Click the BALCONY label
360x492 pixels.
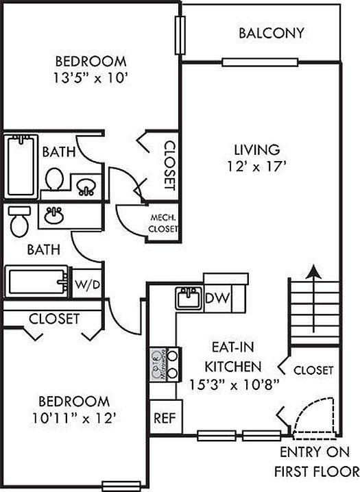(x=272, y=33)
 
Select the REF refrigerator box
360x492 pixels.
(x=166, y=417)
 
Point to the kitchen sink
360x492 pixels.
(x=189, y=298)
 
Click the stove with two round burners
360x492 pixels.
(x=165, y=365)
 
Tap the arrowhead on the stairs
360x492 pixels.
(x=313, y=272)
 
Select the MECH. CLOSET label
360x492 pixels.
(x=163, y=223)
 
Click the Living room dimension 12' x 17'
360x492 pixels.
(x=257, y=167)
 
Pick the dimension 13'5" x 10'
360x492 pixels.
(x=91, y=78)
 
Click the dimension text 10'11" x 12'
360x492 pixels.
(x=75, y=418)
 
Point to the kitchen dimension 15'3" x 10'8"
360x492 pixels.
(x=234, y=384)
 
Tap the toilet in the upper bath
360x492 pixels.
(x=54, y=179)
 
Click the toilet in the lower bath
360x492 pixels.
(x=19, y=221)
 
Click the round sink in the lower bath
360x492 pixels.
(x=54, y=215)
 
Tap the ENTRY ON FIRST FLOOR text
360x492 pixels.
(x=316, y=462)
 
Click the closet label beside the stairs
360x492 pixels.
(x=313, y=370)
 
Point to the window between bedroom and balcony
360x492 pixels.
(x=180, y=35)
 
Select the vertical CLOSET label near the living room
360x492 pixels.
(x=169, y=165)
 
